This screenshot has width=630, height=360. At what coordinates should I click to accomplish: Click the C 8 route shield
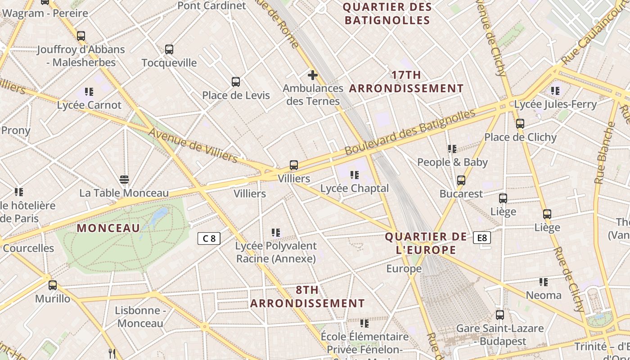pos(209,238)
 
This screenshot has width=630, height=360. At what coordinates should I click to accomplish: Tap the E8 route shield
pos(481,238)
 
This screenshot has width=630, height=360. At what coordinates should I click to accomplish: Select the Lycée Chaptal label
pos(354,188)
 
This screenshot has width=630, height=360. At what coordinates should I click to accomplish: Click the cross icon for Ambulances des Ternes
pos(312,75)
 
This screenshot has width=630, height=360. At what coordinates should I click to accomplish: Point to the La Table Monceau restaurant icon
pos(125,180)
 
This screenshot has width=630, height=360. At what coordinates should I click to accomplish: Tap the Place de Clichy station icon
pos(520,123)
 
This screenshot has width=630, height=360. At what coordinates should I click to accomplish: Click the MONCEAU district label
pos(108,228)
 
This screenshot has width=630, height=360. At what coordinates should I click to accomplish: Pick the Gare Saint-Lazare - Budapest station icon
pos(499,315)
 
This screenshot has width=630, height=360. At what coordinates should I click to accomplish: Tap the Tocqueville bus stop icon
pos(169,49)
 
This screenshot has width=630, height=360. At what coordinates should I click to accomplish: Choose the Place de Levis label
pos(236,95)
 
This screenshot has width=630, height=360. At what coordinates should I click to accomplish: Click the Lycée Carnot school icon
pos(89,92)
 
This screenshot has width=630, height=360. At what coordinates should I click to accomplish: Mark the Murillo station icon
pos(53,285)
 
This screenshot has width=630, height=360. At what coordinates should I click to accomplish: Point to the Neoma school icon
pos(544,282)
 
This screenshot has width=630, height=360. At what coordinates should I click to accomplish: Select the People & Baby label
pos(452,162)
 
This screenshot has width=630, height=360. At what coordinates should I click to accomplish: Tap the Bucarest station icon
pos(461,180)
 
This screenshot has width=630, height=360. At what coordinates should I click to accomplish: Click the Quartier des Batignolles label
pos(387,13)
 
